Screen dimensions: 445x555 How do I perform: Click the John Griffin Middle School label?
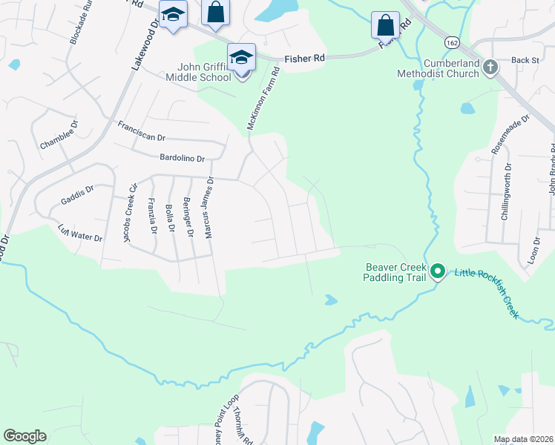tap(204, 71)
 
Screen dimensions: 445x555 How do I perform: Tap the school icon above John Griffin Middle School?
tap(242, 56)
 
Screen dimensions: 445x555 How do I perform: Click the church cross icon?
tap(490, 68)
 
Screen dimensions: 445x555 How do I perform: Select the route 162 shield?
tap(451, 43)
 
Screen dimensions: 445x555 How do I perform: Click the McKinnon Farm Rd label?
tap(263, 100)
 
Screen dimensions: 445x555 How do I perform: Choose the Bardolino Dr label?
tap(182, 157)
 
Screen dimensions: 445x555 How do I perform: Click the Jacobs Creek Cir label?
tap(131, 213)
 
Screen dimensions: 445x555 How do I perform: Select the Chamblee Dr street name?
tap(59, 136)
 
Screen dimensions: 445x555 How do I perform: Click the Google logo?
tap(24, 436)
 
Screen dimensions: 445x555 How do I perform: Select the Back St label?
tap(525, 60)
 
